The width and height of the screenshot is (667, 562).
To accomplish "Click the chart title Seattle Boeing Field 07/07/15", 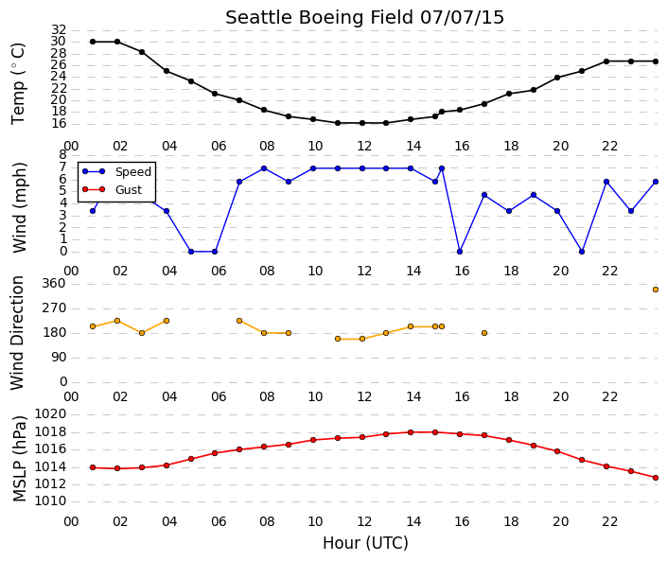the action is coord(364,17).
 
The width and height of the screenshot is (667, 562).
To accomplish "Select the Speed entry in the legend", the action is coord(133,172).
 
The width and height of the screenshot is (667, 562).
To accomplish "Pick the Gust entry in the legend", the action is coord(129,190).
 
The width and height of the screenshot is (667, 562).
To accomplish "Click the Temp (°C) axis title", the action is coord(18,84).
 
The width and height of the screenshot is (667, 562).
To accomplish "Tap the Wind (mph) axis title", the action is coord(19,207).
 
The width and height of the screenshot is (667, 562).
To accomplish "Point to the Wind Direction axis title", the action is coord(17,333).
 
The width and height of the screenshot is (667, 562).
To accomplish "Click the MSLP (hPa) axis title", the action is coord(19,459).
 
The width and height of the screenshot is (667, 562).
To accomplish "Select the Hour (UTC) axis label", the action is coord(365,543).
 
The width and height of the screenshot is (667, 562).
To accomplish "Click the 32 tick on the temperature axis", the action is coord(59,29).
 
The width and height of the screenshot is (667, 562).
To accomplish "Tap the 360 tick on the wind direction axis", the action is coord(55,284).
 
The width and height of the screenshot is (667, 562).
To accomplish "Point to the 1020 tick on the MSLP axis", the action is coord(51,414).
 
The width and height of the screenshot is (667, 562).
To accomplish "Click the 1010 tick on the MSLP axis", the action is coord(51,501).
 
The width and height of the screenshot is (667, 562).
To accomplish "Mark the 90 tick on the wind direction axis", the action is coord(59,358).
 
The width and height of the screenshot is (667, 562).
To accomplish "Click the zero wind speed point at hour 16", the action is coord(460,252).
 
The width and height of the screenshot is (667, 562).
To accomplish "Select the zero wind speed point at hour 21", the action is coord(582,252).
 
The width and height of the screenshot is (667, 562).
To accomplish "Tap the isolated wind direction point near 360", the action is coord(656,290).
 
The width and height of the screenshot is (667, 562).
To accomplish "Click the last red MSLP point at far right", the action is coord(656,478).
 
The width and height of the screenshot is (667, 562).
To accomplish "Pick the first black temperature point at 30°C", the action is coord(93,42).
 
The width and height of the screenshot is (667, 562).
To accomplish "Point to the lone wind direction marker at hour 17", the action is coord(484,333).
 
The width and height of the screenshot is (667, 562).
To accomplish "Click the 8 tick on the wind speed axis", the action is coord(63,155).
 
